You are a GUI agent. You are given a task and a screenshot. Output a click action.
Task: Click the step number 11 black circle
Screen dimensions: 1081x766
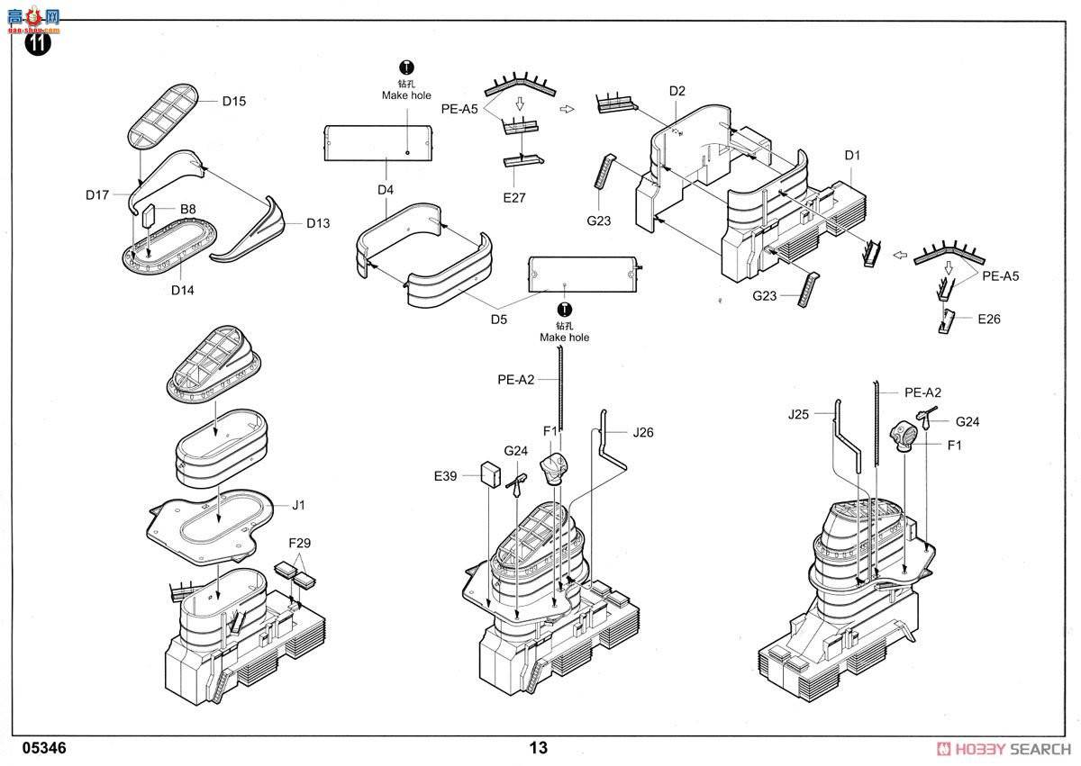pos(37,43)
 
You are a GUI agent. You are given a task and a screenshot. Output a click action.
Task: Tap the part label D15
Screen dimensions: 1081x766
pos(234,101)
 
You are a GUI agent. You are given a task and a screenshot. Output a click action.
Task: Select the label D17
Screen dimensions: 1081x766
pos(97,195)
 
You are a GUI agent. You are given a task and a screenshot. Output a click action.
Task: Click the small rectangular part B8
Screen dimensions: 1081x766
pos(148,215)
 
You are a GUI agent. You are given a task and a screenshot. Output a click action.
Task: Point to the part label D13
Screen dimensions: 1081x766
pos(318,223)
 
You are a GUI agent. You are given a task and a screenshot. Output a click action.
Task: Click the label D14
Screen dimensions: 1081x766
pos(182,290)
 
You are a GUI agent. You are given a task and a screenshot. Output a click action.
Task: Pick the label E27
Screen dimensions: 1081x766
pos(514,198)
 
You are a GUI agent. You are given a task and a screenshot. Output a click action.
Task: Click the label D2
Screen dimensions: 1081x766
pos(677,91)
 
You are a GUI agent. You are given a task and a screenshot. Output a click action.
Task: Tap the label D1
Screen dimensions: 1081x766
pos(852,155)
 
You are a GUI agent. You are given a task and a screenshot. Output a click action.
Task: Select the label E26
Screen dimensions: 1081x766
pos(989,320)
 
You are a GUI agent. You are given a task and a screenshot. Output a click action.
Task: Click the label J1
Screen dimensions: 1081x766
pos(298,505)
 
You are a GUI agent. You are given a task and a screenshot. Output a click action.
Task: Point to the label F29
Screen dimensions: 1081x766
pos(299,543)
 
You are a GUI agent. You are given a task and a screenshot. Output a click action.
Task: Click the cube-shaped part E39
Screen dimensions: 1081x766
pos(491,474)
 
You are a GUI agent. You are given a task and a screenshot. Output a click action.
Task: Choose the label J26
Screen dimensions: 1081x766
pos(643,432)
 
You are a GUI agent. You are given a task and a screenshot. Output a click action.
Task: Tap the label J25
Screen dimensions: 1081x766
pos(798,414)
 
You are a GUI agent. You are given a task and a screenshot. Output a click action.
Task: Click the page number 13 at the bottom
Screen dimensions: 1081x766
pos(539,748)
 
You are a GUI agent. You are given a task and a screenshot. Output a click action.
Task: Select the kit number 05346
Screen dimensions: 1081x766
pos(44,748)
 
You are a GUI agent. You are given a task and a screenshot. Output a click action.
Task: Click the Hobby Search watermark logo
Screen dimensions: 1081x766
pos(1004,749)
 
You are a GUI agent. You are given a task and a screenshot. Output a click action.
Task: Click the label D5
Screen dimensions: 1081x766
pos(499,320)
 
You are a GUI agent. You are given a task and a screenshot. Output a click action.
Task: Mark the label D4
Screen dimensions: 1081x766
pos(386,190)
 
